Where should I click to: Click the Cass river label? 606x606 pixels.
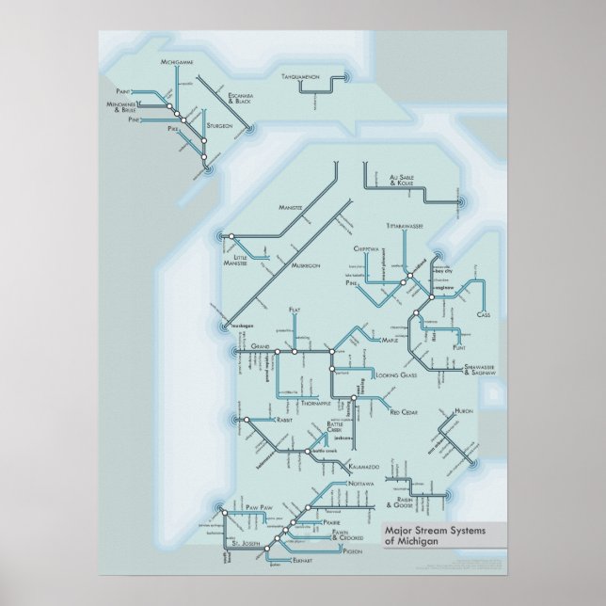[484, 314]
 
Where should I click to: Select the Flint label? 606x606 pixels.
[460, 347]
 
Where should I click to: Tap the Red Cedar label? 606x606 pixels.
[407, 411]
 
